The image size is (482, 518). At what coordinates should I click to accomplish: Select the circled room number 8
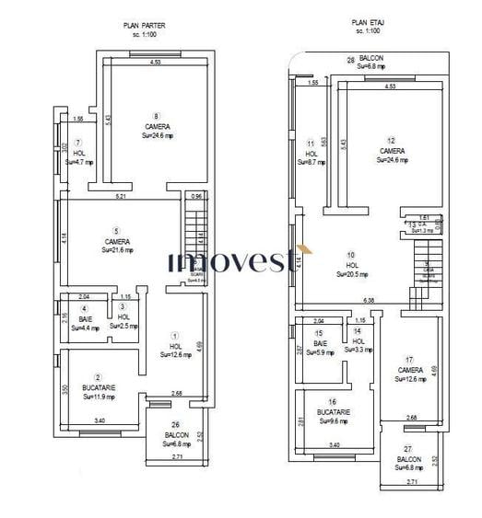coord(157,117)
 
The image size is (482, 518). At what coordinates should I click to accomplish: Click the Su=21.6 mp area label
coord(118,250)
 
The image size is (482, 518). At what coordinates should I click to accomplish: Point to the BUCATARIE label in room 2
coord(99,388)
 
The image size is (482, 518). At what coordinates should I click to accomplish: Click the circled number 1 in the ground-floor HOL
coord(175,336)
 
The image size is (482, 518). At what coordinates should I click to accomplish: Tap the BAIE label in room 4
coord(85,318)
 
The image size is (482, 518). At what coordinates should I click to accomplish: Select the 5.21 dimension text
coord(121,197)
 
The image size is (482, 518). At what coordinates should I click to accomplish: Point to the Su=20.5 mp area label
coord(351,274)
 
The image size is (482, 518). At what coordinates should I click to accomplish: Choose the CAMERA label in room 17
coord(411,370)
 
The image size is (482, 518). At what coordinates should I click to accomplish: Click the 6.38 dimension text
coord(370,300)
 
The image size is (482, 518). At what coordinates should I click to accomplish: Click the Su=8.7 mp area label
coord(310,162)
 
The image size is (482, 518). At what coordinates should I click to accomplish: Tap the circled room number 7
coord(78,143)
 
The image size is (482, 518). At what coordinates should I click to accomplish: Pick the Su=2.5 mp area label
coord(123,327)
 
